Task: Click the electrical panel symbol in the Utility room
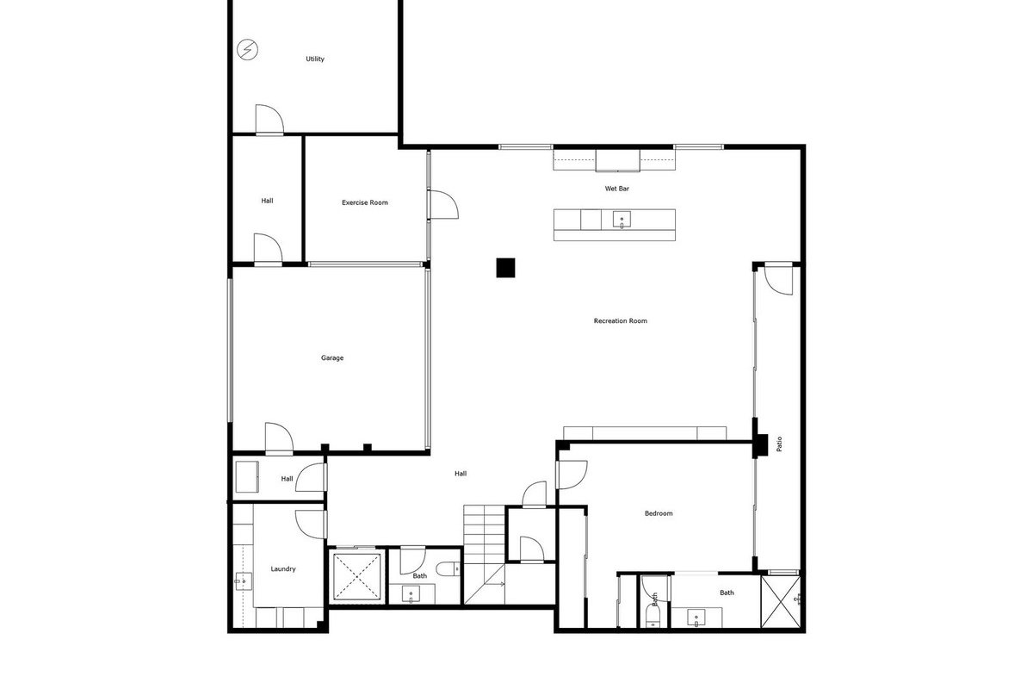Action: pyautogui.click(x=247, y=49)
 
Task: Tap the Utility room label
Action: pyautogui.click(x=315, y=59)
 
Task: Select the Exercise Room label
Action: pyautogui.click(x=365, y=202)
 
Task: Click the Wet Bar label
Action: pyautogui.click(x=617, y=189)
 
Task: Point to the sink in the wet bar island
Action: pyautogui.click(x=622, y=220)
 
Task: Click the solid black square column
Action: pyautogui.click(x=505, y=268)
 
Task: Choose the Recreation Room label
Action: pyautogui.click(x=621, y=320)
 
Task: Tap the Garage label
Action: pyautogui.click(x=332, y=357)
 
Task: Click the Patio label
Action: pyautogui.click(x=779, y=444)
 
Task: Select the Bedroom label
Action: pyautogui.click(x=659, y=513)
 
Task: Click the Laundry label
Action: pyautogui.click(x=283, y=569)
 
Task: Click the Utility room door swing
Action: pyautogui.click(x=269, y=119)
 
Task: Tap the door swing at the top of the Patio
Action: pyautogui.click(x=779, y=280)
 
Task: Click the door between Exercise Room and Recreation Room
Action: pyautogui.click(x=442, y=204)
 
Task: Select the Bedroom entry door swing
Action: pyautogui.click(x=572, y=475)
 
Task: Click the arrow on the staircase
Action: pyautogui.click(x=500, y=584)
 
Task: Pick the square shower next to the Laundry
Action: pyautogui.click(x=357, y=577)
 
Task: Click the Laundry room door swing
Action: pyautogui.click(x=312, y=524)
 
